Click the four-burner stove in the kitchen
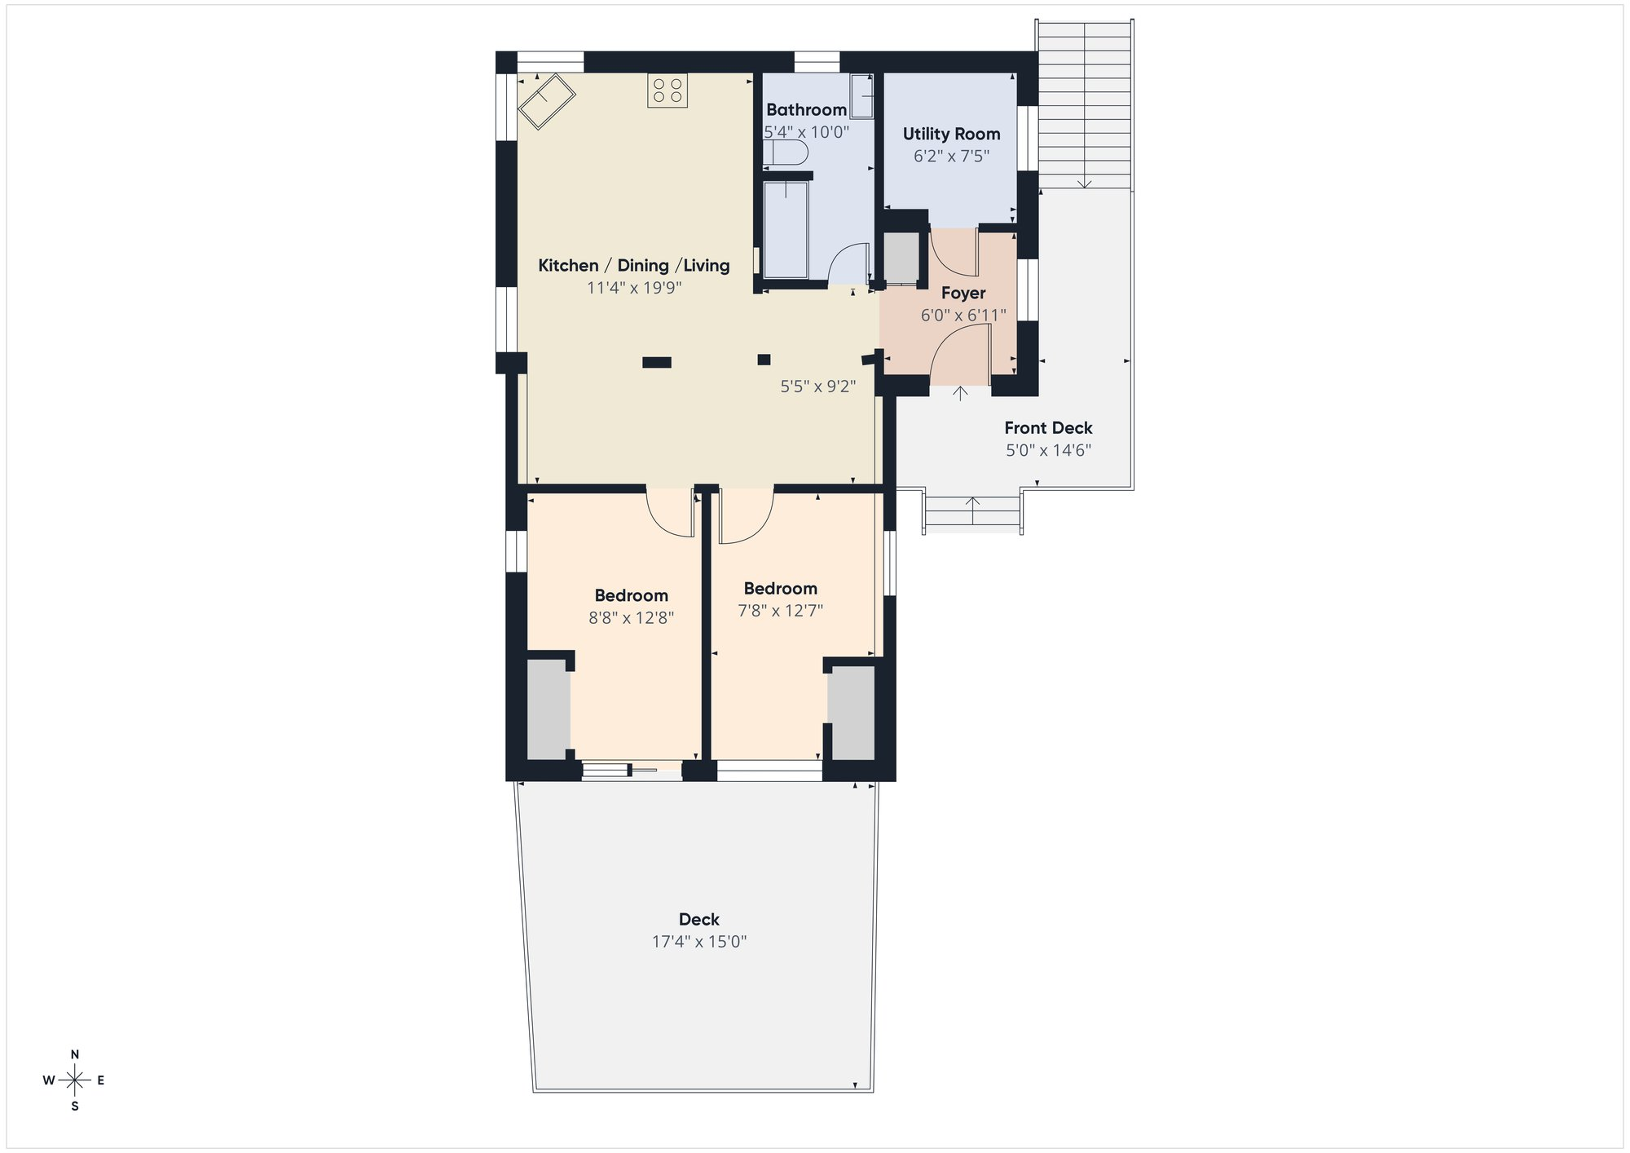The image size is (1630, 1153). click(x=667, y=91)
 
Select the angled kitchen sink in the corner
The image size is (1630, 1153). click(x=547, y=101)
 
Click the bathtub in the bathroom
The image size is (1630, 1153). click(x=786, y=231)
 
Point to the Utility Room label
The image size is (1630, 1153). click(x=951, y=134)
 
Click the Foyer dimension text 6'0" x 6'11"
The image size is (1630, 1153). click(x=963, y=315)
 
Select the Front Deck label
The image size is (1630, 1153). click(x=1048, y=427)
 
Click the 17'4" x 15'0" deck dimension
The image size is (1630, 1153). click(x=699, y=942)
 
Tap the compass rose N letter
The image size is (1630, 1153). click(x=75, y=1054)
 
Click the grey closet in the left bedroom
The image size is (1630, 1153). click(x=548, y=709)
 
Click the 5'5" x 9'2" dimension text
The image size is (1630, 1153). click(x=817, y=387)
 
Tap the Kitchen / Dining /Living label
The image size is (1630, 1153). click(x=633, y=265)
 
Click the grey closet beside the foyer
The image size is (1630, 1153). click(x=901, y=258)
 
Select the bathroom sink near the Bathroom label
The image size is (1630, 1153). click(x=861, y=95)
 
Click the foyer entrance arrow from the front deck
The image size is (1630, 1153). click(x=961, y=394)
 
